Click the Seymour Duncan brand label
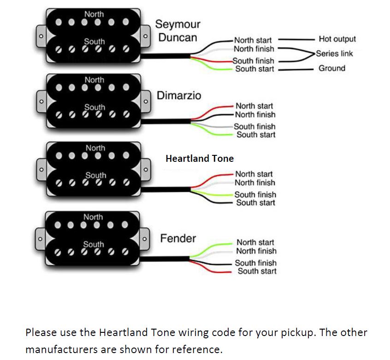click(x=177, y=30)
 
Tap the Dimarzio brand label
click(x=179, y=95)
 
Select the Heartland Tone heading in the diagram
click(x=200, y=159)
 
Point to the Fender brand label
click(x=178, y=238)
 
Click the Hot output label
click(x=337, y=39)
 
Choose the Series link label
click(x=335, y=53)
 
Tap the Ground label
click(x=332, y=68)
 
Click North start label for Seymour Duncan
click(x=253, y=41)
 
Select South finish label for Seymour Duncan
click(x=253, y=61)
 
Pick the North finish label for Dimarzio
click(x=255, y=114)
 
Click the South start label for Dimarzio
click(x=256, y=135)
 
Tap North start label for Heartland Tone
click(x=254, y=174)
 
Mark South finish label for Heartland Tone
click(x=255, y=195)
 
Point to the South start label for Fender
click(x=257, y=271)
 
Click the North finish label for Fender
click(x=256, y=251)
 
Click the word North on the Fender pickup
click(x=93, y=217)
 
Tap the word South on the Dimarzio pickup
click(x=95, y=107)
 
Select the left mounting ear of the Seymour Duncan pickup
click(x=41, y=35)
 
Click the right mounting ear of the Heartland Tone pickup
click(x=146, y=169)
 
